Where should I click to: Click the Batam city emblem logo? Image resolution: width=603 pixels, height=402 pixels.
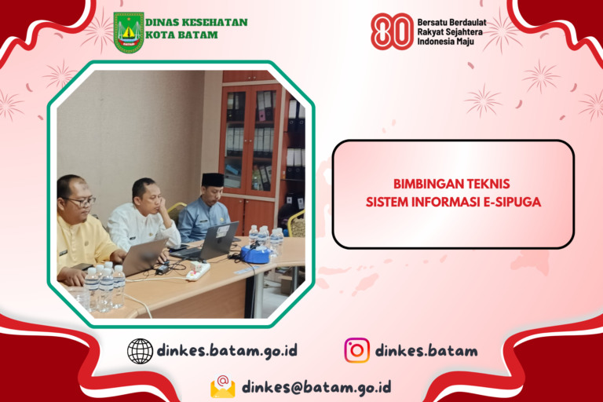point(129,32)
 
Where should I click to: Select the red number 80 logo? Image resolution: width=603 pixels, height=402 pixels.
point(392,31)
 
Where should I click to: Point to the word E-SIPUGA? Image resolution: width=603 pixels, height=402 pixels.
point(512,202)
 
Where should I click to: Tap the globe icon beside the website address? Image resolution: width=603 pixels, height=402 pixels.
point(140,351)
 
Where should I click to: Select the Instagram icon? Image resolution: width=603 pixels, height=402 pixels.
point(357,350)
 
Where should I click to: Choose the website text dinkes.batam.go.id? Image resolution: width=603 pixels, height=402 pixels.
point(227,350)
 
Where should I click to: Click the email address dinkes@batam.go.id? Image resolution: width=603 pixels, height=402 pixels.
point(316,387)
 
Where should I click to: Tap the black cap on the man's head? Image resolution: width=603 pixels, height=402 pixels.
point(213,179)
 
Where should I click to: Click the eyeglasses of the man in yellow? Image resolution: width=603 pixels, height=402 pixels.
point(82,201)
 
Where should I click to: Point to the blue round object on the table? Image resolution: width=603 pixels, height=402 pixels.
point(254,254)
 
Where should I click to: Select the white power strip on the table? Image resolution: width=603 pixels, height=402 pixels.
point(198,270)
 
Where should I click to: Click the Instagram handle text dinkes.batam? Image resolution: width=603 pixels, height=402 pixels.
point(426,350)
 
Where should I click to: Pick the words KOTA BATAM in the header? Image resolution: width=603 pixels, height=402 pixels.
point(181,35)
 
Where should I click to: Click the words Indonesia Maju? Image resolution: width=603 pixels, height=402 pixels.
point(445,42)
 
